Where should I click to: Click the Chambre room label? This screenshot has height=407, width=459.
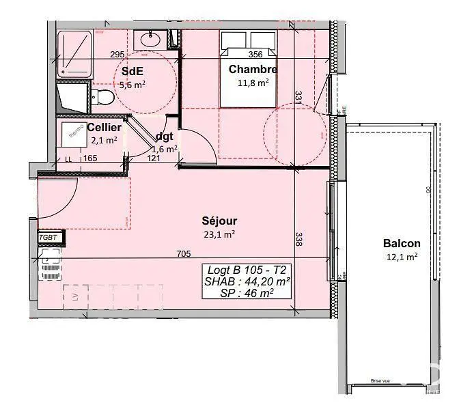point(253,69)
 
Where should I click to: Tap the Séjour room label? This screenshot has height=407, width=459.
point(219,221)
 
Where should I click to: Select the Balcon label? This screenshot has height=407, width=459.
point(402,243)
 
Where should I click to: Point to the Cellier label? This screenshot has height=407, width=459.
point(105,128)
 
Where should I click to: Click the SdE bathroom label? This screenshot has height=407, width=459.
point(133,72)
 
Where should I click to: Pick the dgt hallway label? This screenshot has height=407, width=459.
point(165,136)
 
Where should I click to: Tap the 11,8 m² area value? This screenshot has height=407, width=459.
point(253,82)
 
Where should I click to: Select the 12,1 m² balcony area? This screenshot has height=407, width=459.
point(401,257)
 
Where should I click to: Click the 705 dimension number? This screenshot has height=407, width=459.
point(184,254)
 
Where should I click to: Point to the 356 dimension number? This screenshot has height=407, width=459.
point(256,55)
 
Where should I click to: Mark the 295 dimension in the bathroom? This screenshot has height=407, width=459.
point(117,55)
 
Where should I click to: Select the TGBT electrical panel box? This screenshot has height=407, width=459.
point(51,238)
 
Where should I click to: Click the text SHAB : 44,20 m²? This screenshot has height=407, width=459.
point(248,281)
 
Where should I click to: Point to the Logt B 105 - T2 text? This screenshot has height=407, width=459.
point(247,268)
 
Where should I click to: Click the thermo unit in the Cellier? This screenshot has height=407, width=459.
point(74,130)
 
